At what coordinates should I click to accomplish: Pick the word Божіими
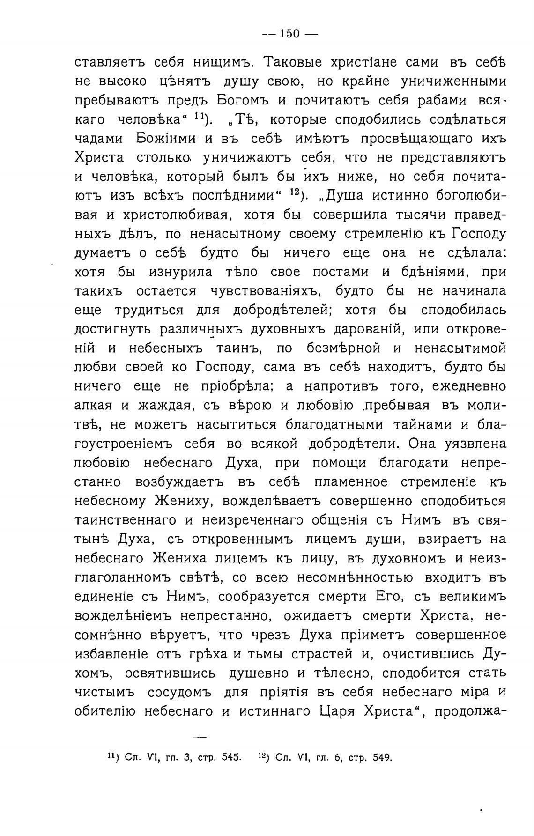pyautogui.click(x=171, y=139)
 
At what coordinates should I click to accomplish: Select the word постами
pyautogui.click(x=336, y=272)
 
